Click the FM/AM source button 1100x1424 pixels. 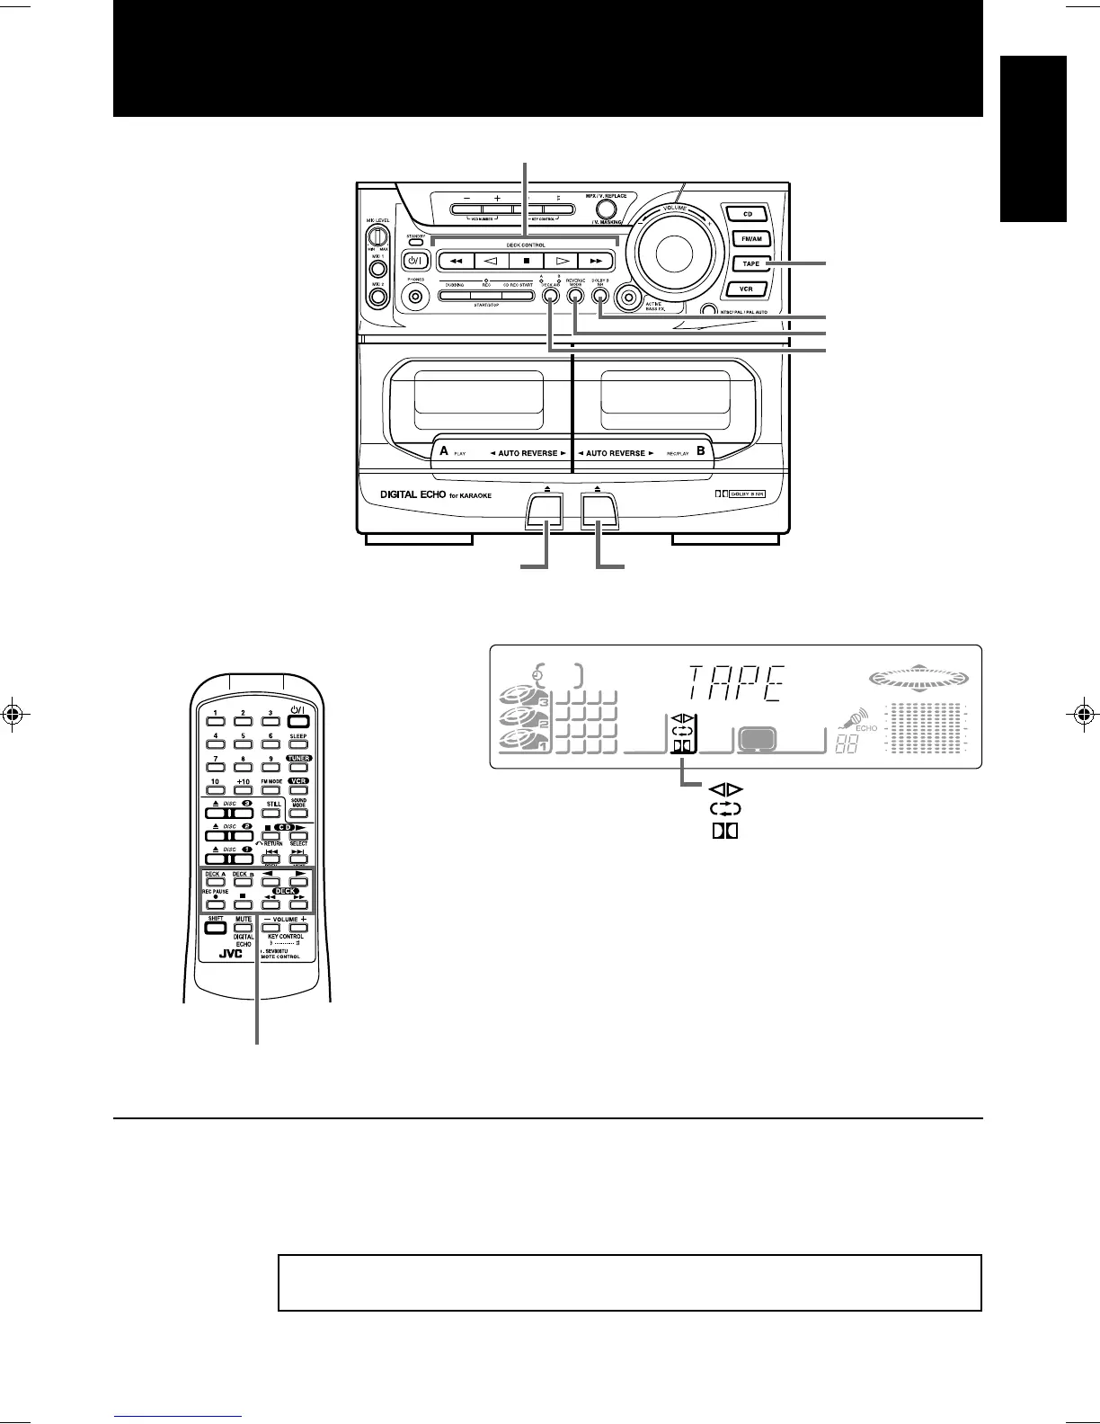[x=750, y=239]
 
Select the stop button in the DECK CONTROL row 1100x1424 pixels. [x=525, y=261]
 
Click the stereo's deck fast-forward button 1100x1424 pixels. [x=595, y=261]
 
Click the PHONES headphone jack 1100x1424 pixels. [x=415, y=300]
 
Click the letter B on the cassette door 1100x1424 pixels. [x=701, y=450]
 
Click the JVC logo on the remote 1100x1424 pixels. [x=232, y=954]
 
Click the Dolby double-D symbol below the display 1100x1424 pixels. [x=724, y=831]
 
